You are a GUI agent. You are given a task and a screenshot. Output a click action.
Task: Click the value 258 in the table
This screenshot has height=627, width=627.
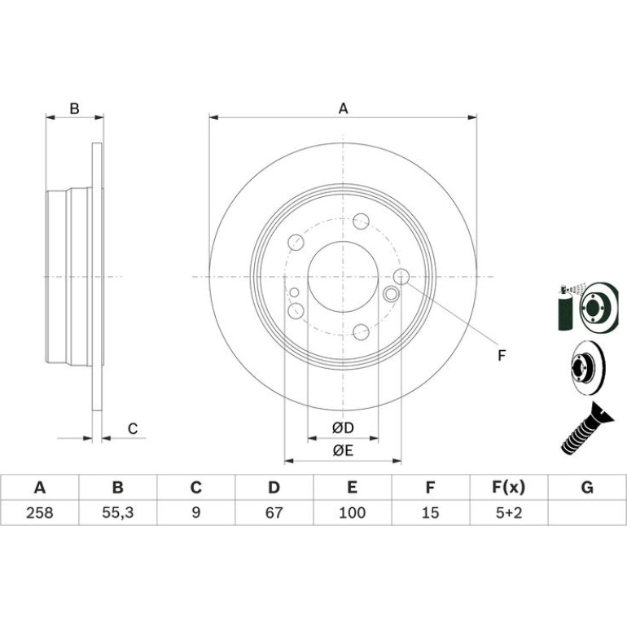40,513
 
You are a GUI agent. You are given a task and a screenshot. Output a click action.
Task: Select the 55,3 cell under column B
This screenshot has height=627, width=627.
117,513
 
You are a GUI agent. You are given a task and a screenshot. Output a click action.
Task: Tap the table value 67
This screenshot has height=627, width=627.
274,513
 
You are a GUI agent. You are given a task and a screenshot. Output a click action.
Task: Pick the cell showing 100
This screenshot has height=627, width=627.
352,513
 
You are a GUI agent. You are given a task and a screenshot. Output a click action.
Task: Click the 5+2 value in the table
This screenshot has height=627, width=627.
509,513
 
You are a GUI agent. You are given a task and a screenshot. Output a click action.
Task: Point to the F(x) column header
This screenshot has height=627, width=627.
509,488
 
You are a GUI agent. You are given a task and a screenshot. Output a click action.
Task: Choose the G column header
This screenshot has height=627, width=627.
587,488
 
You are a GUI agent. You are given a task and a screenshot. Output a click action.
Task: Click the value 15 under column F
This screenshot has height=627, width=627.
430,513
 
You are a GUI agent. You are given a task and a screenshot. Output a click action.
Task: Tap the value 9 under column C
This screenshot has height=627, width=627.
196,513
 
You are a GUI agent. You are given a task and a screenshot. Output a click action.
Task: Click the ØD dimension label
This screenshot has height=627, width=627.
343,427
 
